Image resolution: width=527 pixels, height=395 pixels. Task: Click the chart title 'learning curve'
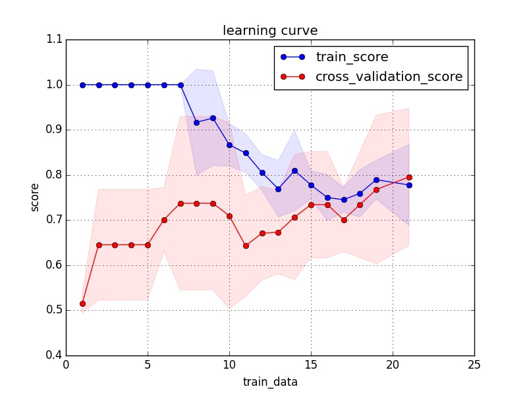270,31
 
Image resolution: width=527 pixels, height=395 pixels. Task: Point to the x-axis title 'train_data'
270,381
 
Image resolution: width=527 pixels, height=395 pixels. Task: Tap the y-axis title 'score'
35,197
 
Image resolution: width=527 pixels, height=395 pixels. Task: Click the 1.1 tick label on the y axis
55,39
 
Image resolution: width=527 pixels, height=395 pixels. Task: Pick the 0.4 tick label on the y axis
55,355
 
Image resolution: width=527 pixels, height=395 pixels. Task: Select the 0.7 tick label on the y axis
55,220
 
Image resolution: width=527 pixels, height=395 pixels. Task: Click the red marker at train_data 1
82,303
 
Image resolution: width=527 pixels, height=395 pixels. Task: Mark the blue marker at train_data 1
82,85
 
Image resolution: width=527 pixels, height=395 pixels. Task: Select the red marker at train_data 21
409,177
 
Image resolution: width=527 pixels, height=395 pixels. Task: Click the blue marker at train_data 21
409,185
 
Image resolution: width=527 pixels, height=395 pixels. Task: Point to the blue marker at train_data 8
196,122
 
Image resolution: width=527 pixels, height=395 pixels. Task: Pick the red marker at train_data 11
246,246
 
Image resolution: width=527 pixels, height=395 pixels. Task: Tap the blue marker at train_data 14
294,171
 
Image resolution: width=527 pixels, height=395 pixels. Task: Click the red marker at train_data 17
344,220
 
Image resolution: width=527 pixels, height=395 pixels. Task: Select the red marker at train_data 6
164,220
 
